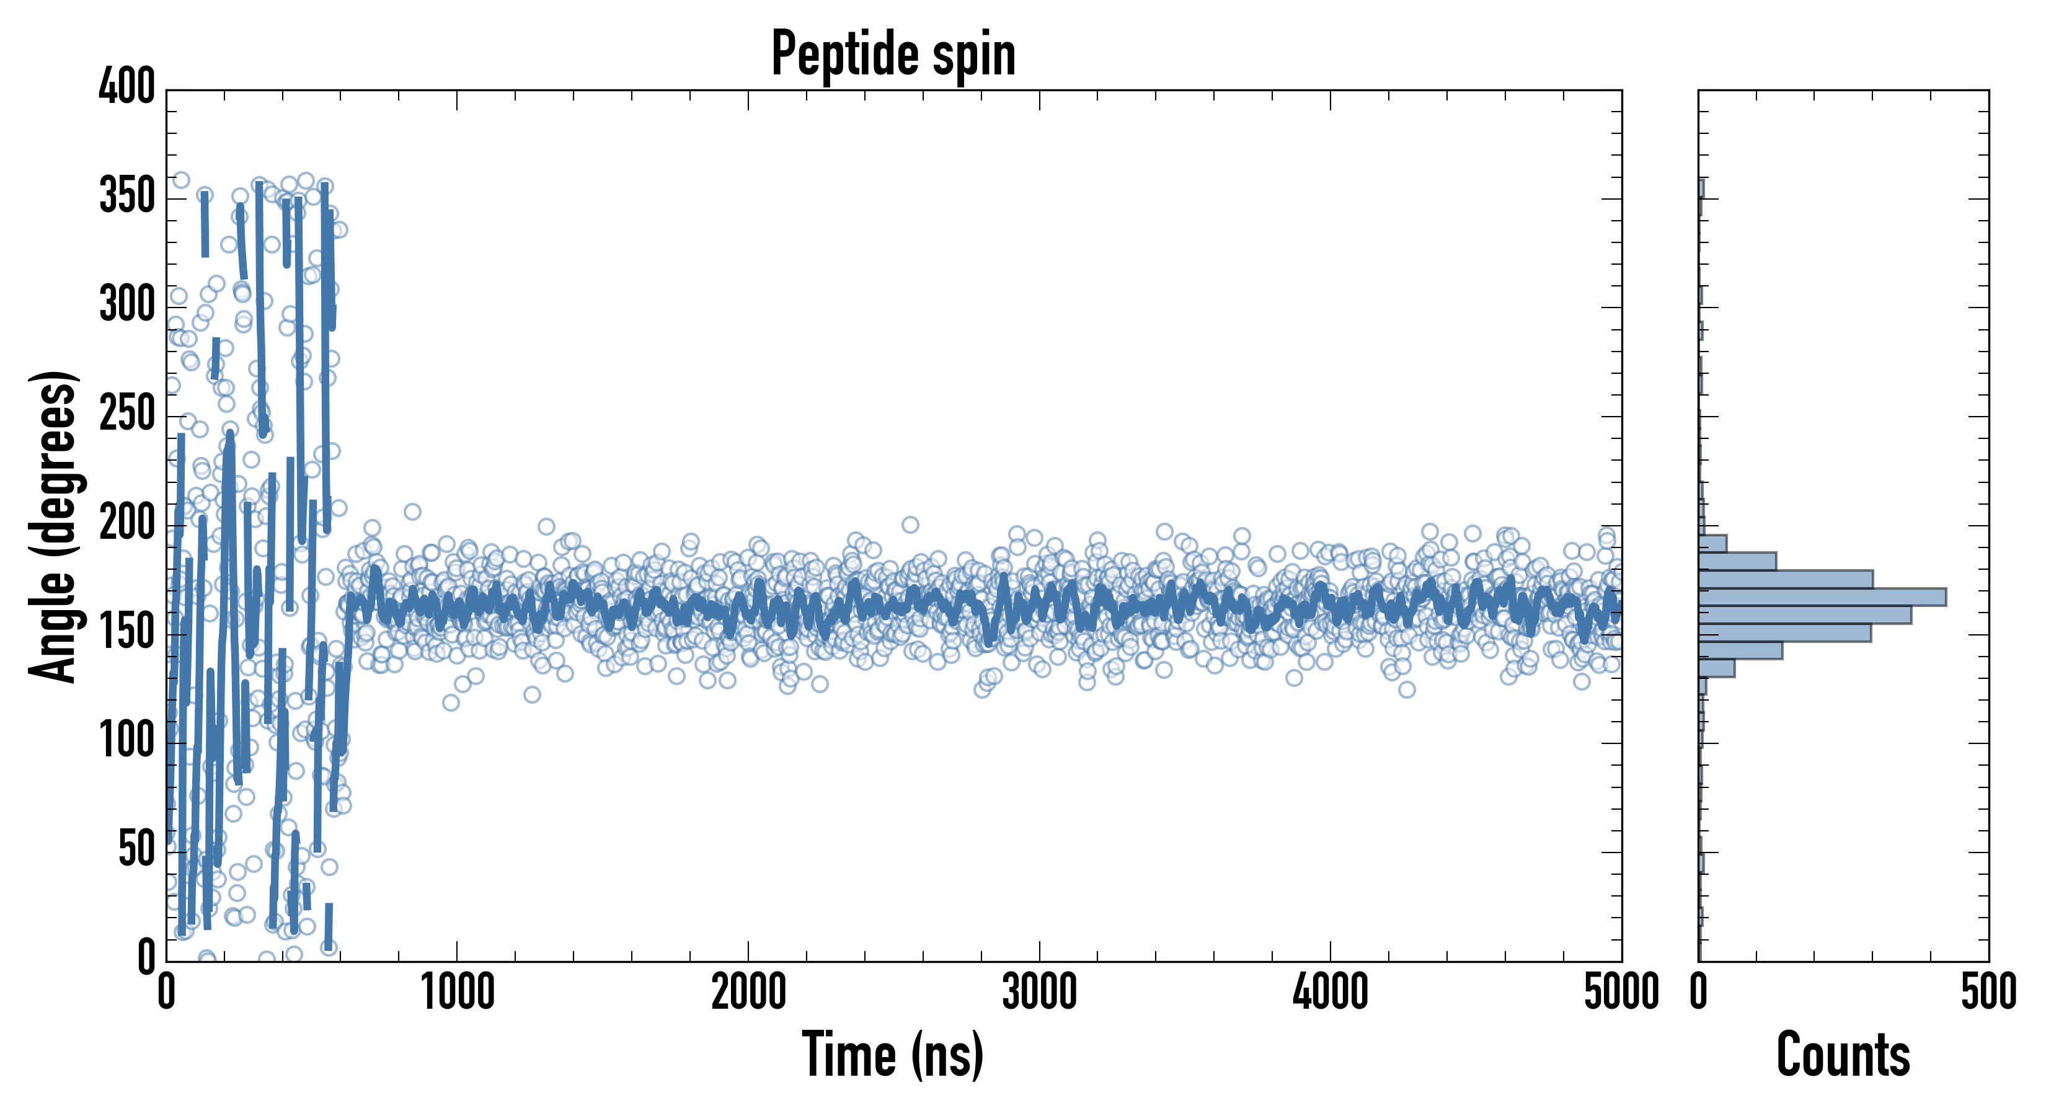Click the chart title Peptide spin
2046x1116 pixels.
893,54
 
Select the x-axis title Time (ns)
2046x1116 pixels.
893,1054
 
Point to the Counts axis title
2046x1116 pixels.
1843,1054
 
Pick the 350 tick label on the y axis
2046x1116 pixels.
127,195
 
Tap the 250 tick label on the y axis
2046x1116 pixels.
127,414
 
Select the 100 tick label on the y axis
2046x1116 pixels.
127,740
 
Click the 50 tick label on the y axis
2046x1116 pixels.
136,849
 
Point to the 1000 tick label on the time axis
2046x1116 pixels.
458,992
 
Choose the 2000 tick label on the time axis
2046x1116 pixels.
748,992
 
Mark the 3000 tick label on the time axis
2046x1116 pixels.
1039,992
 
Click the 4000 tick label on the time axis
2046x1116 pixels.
1331,992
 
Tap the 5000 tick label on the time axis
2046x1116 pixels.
1621,992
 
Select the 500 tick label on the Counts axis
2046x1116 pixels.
1988,992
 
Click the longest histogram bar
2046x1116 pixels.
1822,596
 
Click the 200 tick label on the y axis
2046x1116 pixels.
127,523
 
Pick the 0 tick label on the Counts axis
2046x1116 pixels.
1699,992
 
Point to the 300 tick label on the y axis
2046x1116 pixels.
127,305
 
